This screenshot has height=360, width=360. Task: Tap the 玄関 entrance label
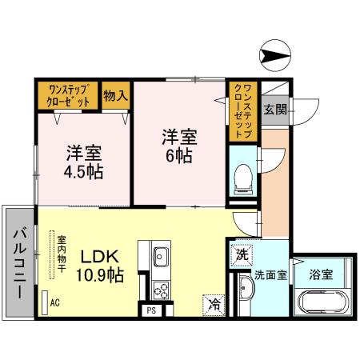(275, 109)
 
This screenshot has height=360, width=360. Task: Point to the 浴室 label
(322, 274)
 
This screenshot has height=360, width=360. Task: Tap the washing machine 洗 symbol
(242, 256)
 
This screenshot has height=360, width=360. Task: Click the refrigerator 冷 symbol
(214, 304)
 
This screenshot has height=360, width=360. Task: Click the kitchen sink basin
(160, 258)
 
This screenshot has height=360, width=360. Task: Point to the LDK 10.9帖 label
(99, 266)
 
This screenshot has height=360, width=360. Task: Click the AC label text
(55, 303)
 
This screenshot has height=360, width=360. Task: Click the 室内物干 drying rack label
(61, 252)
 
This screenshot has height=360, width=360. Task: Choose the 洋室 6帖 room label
(177, 145)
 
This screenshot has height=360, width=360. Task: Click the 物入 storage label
(116, 96)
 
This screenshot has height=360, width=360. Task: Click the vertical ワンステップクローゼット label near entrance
(245, 112)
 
